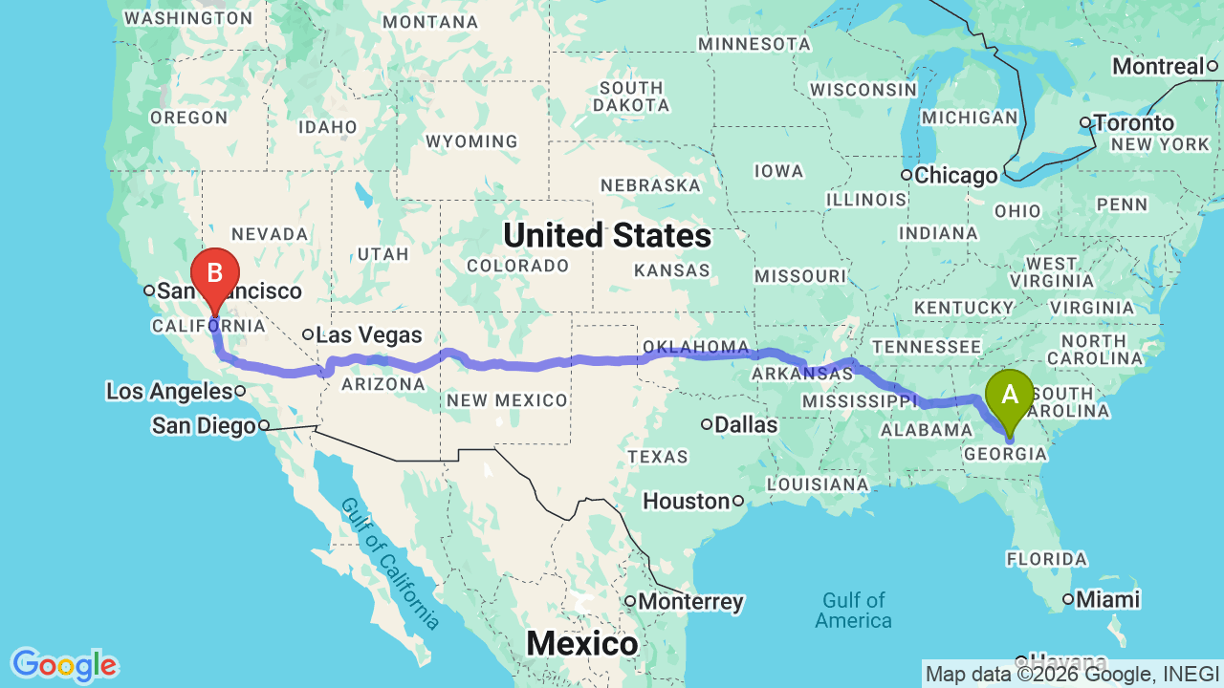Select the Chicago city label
click(x=955, y=176)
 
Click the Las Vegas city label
click(x=368, y=335)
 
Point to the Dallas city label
click(x=747, y=424)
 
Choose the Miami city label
click(x=1107, y=600)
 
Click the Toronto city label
click(x=1133, y=123)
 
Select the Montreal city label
click(x=1157, y=67)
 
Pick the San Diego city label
click(x=205, y=426)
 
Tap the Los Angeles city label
click(x=169, y=391)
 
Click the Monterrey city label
click(x=690, y=602)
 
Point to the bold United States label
click(x=607, y=235)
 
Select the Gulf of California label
click(x=389, y=565)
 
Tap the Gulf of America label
click(x=853, y=611)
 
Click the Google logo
click(x=63, y=665)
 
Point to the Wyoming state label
click(x=471, y=141)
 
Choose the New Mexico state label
click(x=507, y=399)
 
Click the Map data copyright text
click(x=1071, y=674)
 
